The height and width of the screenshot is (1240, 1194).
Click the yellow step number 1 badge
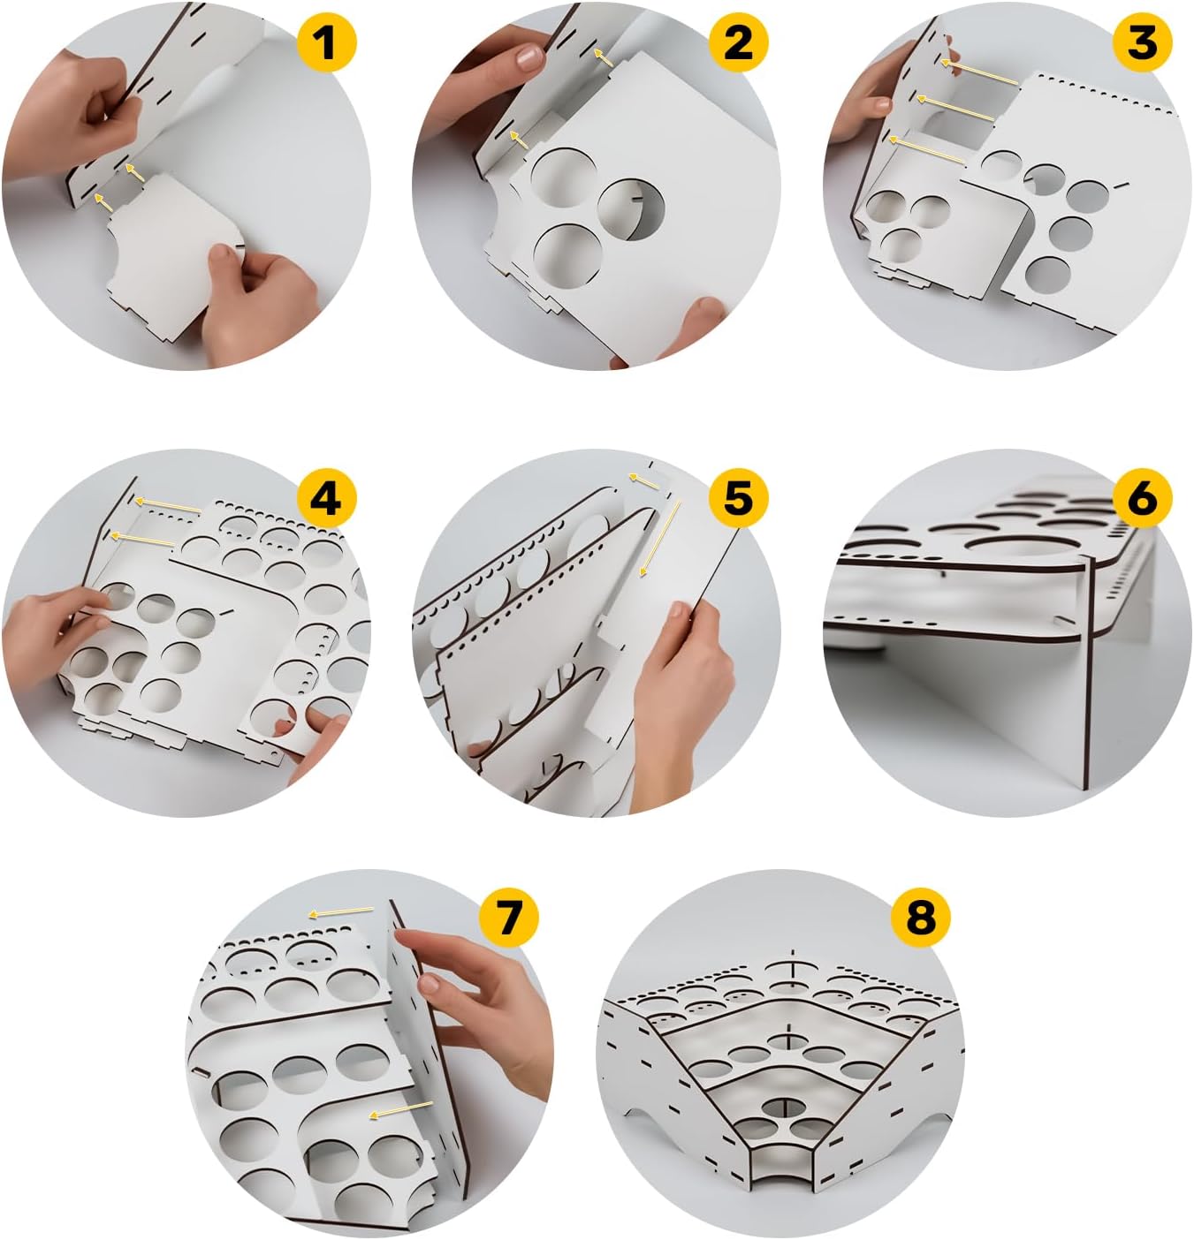tap(326, 42)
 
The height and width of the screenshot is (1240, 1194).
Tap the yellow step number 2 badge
tap(738, 42)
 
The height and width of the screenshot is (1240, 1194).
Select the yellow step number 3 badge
tap(1143, 42)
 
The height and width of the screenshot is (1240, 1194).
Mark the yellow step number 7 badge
tap(508, 919)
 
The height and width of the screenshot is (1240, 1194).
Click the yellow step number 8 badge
tap(920, 919)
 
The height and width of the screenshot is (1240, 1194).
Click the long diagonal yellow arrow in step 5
tap(659, 539)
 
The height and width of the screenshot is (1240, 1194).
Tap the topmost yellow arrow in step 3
tap(979, 72)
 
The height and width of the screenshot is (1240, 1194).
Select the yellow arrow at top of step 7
tap(341, 911)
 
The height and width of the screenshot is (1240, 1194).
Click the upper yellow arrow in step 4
tap(168, 506)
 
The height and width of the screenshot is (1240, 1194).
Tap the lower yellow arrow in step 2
tap(518, 140)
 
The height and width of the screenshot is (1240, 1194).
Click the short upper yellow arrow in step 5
tap(644, 481)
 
